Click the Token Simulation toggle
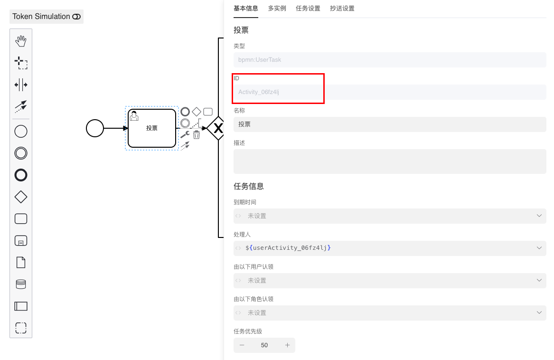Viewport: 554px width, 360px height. [x=76, y=17]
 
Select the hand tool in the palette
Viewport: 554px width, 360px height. [x=21, y=41]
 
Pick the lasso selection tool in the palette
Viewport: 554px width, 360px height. [x=21, y=63]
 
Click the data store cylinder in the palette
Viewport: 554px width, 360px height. [x=21, y=284]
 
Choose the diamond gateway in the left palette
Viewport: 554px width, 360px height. [x=21, y=197]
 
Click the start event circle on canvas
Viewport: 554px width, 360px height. [x=95, y=128]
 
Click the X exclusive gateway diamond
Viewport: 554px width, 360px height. [x=218, y=128]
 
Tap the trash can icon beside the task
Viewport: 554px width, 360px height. [x=197, y=135]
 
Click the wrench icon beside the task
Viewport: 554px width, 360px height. [x=185, y=135]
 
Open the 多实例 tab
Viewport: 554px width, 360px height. [x=277, y=9]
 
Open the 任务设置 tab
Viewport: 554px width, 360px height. [x=308, y=9]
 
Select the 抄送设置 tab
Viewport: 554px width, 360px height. [x=342, y=9]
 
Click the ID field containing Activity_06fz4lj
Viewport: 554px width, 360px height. [x=389, y=92]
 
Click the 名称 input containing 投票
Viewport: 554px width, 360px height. [x=389, y=124]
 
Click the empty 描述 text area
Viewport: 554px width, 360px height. [x=389, y=161]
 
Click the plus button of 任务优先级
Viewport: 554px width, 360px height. [x=287, y=345]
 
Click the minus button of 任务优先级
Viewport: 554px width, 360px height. [x=242, y=345]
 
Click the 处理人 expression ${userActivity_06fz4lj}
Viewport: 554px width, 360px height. [x=288, y=248]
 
